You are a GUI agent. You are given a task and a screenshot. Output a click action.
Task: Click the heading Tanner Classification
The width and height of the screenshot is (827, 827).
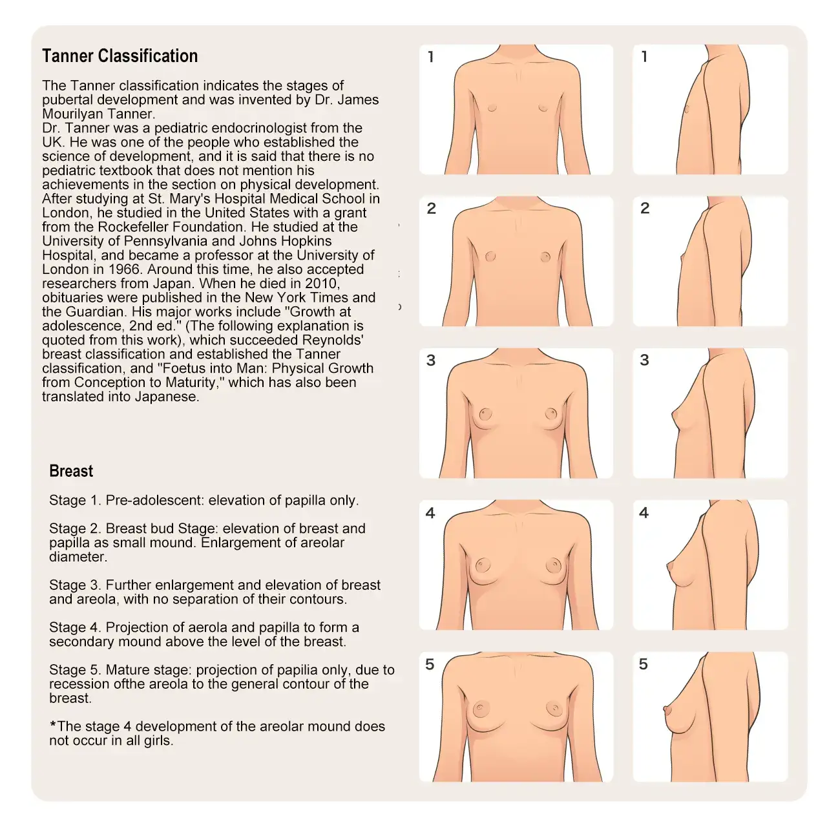pos(120,56)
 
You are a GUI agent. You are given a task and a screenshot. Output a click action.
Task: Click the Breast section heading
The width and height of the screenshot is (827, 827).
pos(71,471)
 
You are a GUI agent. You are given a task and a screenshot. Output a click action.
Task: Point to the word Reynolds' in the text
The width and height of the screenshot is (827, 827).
pos(333,340)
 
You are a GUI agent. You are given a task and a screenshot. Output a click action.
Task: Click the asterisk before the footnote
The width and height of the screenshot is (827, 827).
pos(53,724)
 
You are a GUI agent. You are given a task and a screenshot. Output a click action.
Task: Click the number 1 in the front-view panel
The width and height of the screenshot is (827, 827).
pos(431,57)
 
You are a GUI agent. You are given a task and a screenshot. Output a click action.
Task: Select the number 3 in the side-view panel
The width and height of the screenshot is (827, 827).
pos(644,360)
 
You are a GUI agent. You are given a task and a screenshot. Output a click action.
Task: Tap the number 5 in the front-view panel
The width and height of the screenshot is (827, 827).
pos(430,664)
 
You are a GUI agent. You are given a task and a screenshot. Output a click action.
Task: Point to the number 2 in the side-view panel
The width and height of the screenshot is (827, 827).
pos(645,208)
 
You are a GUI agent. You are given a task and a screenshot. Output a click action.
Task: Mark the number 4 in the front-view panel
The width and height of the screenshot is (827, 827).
pos(430,513)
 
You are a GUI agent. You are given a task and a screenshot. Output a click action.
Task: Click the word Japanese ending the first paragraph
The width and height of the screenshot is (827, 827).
pos(167,397)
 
